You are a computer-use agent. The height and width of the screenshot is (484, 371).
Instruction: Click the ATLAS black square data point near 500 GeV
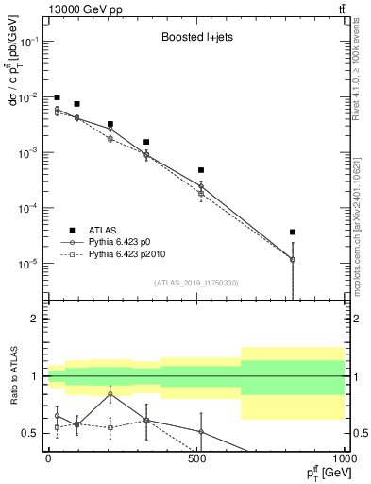coord(201,170)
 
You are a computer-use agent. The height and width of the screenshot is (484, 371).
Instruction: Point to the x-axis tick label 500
coord(195,458)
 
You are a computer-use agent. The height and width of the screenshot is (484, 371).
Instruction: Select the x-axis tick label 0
coord(47,458)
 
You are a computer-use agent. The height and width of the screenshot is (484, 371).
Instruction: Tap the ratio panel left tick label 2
coord(35,320)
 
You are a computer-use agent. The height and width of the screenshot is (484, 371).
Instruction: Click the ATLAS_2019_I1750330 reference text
coord(195,283)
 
